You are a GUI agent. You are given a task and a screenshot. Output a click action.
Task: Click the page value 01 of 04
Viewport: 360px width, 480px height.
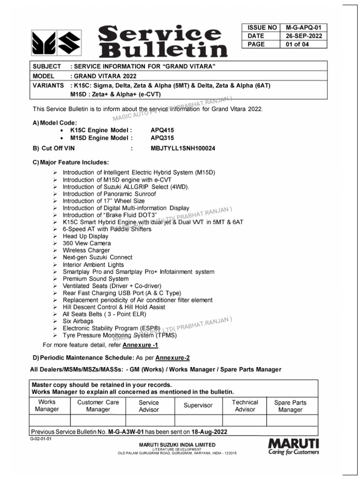click(297, 45)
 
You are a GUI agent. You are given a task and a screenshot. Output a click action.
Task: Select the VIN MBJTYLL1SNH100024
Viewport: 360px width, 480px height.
click(183, 149)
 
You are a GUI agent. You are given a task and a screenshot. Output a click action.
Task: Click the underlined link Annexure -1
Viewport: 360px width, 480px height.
click(140, 345)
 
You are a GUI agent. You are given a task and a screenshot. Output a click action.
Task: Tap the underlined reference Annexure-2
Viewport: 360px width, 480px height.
click(172, 358)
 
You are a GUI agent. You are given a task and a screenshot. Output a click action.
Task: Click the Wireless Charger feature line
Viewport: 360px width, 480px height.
click(87, 250)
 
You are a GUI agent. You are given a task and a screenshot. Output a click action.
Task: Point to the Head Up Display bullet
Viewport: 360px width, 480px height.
click(85, 236)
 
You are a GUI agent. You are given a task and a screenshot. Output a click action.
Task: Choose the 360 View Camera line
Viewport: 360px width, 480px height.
click(87, 243)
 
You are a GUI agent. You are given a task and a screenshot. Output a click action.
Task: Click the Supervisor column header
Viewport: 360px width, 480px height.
click(198, 405)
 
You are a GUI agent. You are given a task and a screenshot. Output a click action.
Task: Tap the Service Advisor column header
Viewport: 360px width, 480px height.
click(149, 406)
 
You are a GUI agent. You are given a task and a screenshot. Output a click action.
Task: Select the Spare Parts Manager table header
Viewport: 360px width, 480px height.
click(290, 406)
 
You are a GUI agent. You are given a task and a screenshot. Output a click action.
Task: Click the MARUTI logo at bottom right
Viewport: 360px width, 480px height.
click(293, 446)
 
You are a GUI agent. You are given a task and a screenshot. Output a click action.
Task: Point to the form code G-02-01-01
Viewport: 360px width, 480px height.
click(40, 439)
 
